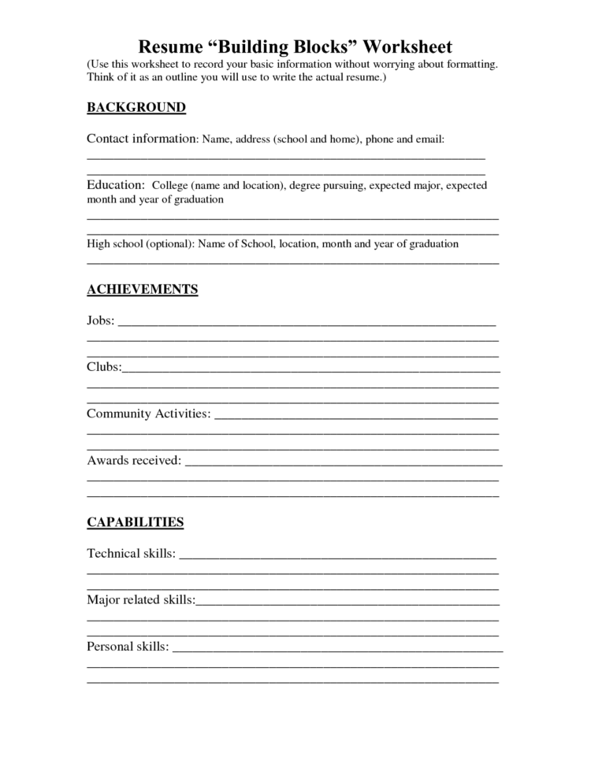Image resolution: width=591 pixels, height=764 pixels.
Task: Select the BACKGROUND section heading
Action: [x=136, y=107]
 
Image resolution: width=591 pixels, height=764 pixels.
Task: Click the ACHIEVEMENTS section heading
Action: [x=142, y=290]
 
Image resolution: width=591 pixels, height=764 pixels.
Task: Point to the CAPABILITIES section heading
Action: [x=135, y=522]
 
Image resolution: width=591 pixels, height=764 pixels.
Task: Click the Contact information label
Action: [x=140, y=139]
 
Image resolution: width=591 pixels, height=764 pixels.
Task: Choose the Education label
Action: [x=115, y=185]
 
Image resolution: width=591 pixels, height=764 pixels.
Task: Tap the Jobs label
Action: [x=100, y=321]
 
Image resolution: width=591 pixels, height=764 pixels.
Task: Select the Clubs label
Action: [x=103, y=367]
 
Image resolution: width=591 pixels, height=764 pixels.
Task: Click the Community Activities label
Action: [x=148, y=414]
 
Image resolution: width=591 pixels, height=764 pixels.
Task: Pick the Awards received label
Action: [x=133, y=460]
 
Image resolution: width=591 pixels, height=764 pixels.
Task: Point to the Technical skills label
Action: [x=131, y=554]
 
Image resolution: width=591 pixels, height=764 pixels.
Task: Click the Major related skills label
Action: [x=140, y=600]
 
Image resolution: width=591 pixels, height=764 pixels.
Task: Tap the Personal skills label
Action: [x=127, y=647]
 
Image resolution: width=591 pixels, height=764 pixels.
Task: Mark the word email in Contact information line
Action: [x=429, y=140]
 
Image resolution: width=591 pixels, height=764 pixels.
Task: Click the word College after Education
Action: [x=169, y=186]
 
